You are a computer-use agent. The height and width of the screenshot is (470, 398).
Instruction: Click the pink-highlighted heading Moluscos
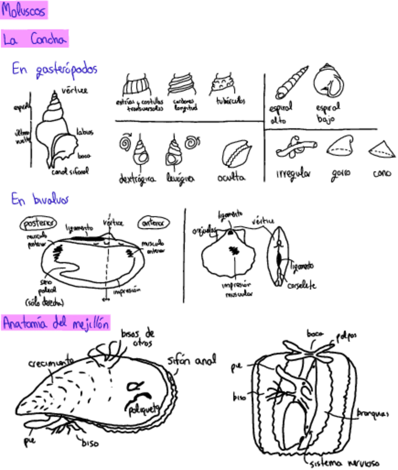coord(24,10)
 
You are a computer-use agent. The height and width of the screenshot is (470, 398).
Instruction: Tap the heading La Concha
coord(34,39)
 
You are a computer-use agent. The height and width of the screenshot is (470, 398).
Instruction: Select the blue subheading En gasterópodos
coord(54,69)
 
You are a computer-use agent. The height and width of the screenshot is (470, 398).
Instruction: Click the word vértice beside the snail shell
coord(74,90)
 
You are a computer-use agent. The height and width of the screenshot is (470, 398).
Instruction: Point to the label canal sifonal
coord(70,171)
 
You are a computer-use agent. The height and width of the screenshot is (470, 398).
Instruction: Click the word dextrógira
coord(137,178)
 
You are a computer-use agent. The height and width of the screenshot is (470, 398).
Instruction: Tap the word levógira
coord(180,178)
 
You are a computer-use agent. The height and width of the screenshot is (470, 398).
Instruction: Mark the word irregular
coord(293,173)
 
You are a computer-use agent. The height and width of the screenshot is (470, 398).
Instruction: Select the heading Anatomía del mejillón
coord(55,323)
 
